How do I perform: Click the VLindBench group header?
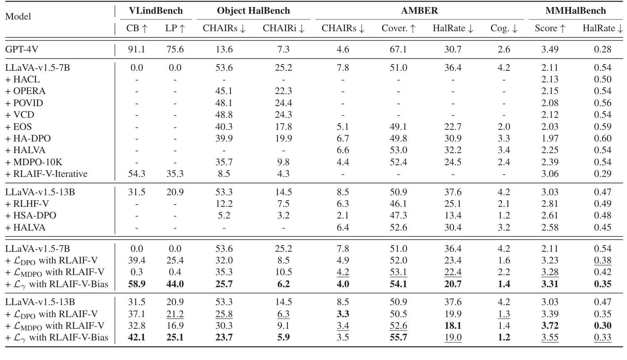point(155,11)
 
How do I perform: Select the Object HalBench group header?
point(253,11)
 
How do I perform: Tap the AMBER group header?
point(419,11)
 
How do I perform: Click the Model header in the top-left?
point(18,17)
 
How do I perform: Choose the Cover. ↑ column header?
point(398,28)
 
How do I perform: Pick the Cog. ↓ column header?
point(503,28)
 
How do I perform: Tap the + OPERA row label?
point(25,91)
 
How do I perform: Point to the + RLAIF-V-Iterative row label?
point(46,174)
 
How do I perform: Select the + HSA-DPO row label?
point(30,216)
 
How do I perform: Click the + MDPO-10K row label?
point(34,162)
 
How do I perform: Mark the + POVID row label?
point(24,103)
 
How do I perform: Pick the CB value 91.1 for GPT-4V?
point(136,50)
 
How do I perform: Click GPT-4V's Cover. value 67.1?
point(398,50)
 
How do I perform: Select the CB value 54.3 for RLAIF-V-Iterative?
point(136,174)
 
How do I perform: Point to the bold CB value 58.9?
point(136,284)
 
